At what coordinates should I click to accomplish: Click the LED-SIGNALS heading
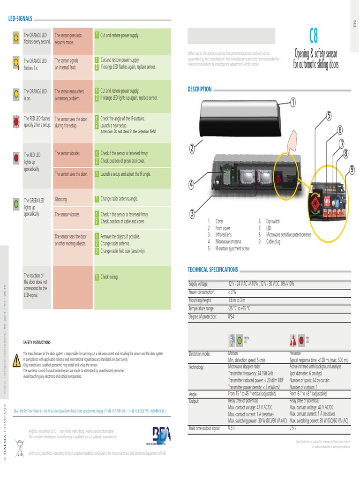tap(21, 19)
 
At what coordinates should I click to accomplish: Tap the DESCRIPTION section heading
tap(200, 89)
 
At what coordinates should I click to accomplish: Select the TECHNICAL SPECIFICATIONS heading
tap(212, 270)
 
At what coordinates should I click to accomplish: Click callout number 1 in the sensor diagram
tap(293, 102)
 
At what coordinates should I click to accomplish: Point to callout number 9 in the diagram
tap(352, 169)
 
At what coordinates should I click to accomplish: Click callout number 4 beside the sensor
tap(191, 185)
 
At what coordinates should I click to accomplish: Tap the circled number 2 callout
tap(192, 149)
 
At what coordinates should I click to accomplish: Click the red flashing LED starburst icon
tap(16, 122)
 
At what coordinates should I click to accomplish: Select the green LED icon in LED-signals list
tap(16, 203)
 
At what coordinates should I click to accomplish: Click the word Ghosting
tap(61, 199)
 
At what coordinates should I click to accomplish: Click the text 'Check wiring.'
tap(110, 277)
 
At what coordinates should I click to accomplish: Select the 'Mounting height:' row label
tap(200, 300)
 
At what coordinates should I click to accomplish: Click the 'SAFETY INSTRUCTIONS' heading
tap(37, 342)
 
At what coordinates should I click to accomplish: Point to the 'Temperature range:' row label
tap(201, 308)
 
